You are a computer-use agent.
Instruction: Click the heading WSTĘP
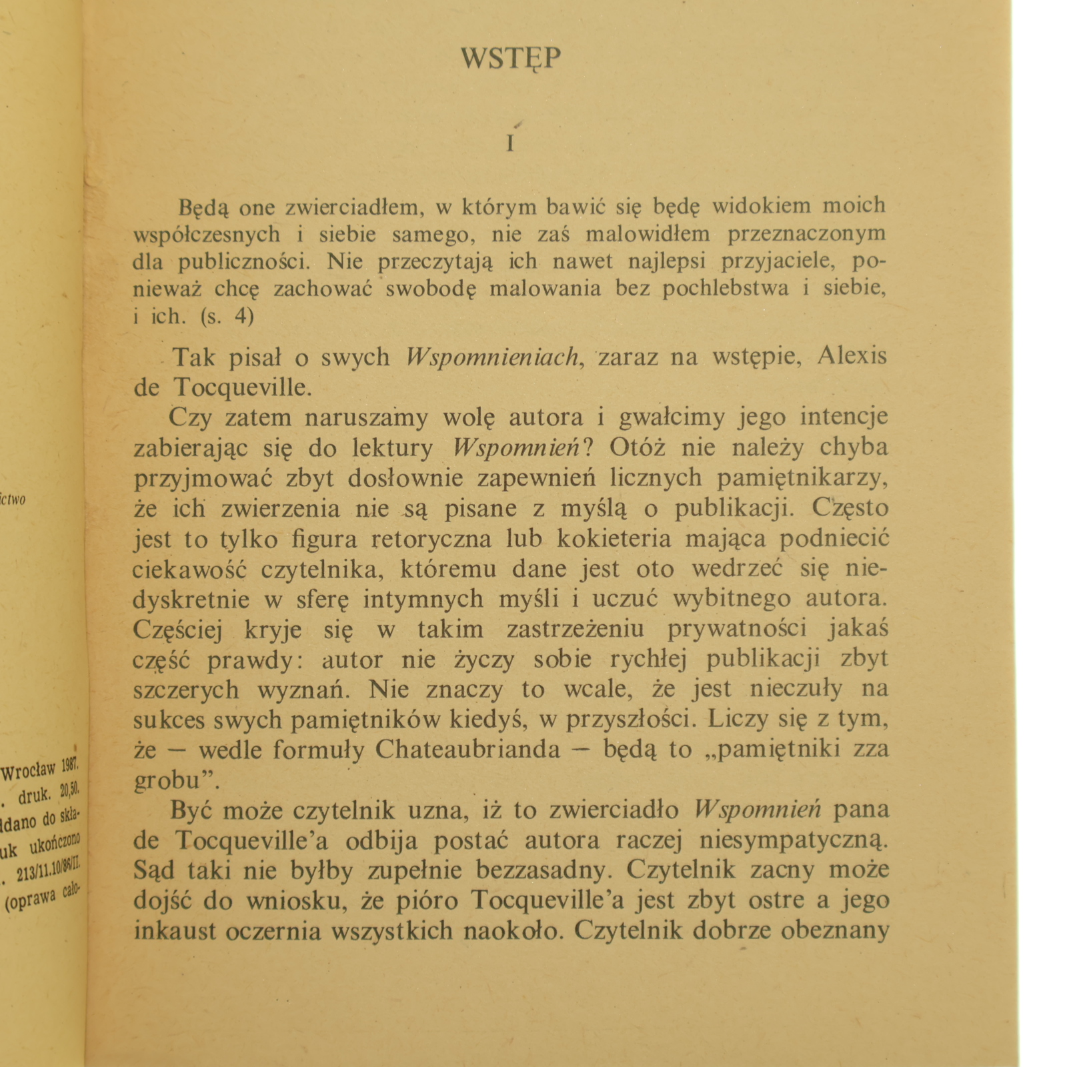pyautogui.click(x=511, y=59)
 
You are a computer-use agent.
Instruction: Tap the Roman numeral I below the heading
pyautogui.click(x=510, y=143)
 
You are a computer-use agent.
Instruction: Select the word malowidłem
pyautogui.click(x=649, y=235)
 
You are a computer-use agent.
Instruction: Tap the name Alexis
pyautogui.click(x=852, y=356)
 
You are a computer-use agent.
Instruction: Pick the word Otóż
pyautogui.click(x=637, y=447)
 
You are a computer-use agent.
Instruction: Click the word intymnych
pyautogui.click(x=423, y=599)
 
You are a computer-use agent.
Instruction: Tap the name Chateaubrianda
pyautogui.click(x=467, y=750)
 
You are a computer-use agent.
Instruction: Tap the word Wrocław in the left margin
pyautogui.click(x=28, y=772)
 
